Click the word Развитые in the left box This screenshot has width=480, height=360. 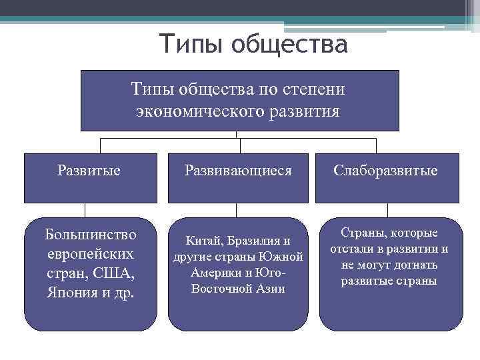[x=89, y=171]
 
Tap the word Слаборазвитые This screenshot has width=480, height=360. [x=386, y=171]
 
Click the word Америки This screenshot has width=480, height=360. [x=214, y=273]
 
